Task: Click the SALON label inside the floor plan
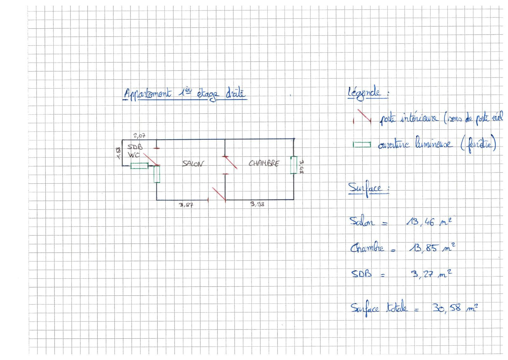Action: click(193, 164)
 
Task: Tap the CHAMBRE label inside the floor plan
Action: click(264, 163)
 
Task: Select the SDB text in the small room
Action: click(135, 147)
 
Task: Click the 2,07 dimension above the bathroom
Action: click(139, 136)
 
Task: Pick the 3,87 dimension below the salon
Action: click(186, 205)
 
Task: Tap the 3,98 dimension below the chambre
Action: click(257, 205)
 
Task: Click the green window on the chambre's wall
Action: click(293, 165)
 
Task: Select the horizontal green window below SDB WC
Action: click(139, 166)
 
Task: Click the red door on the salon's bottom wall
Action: click(219, 194)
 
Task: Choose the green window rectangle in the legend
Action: click(362, 145)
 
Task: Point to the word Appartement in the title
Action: click(147, 94)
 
